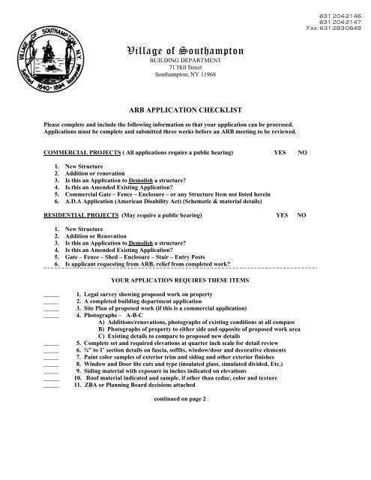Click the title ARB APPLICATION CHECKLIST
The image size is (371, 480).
pyautogui.click(x=184, y=109)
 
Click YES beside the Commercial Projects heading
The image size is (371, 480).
pyautogui.click(x=280, y=152)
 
